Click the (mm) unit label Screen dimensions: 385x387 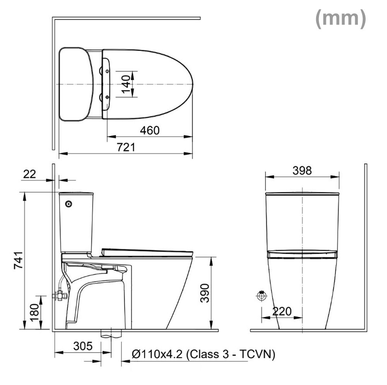pos(340,19)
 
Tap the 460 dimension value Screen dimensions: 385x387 pos(149,130)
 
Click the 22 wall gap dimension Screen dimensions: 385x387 pos(29,174)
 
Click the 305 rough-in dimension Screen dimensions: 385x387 pos(83,346)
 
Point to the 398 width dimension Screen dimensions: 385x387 pos(302,170)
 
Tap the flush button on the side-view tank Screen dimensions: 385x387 pos(69,204)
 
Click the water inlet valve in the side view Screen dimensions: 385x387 pos(59,296)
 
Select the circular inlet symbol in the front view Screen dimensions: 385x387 pos(262,296)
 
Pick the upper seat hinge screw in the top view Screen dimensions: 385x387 pos(107,71)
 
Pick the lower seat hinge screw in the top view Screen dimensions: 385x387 pos(107,97)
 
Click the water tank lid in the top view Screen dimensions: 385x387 pos(75,84)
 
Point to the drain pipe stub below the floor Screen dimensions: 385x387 pos(111,334)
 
